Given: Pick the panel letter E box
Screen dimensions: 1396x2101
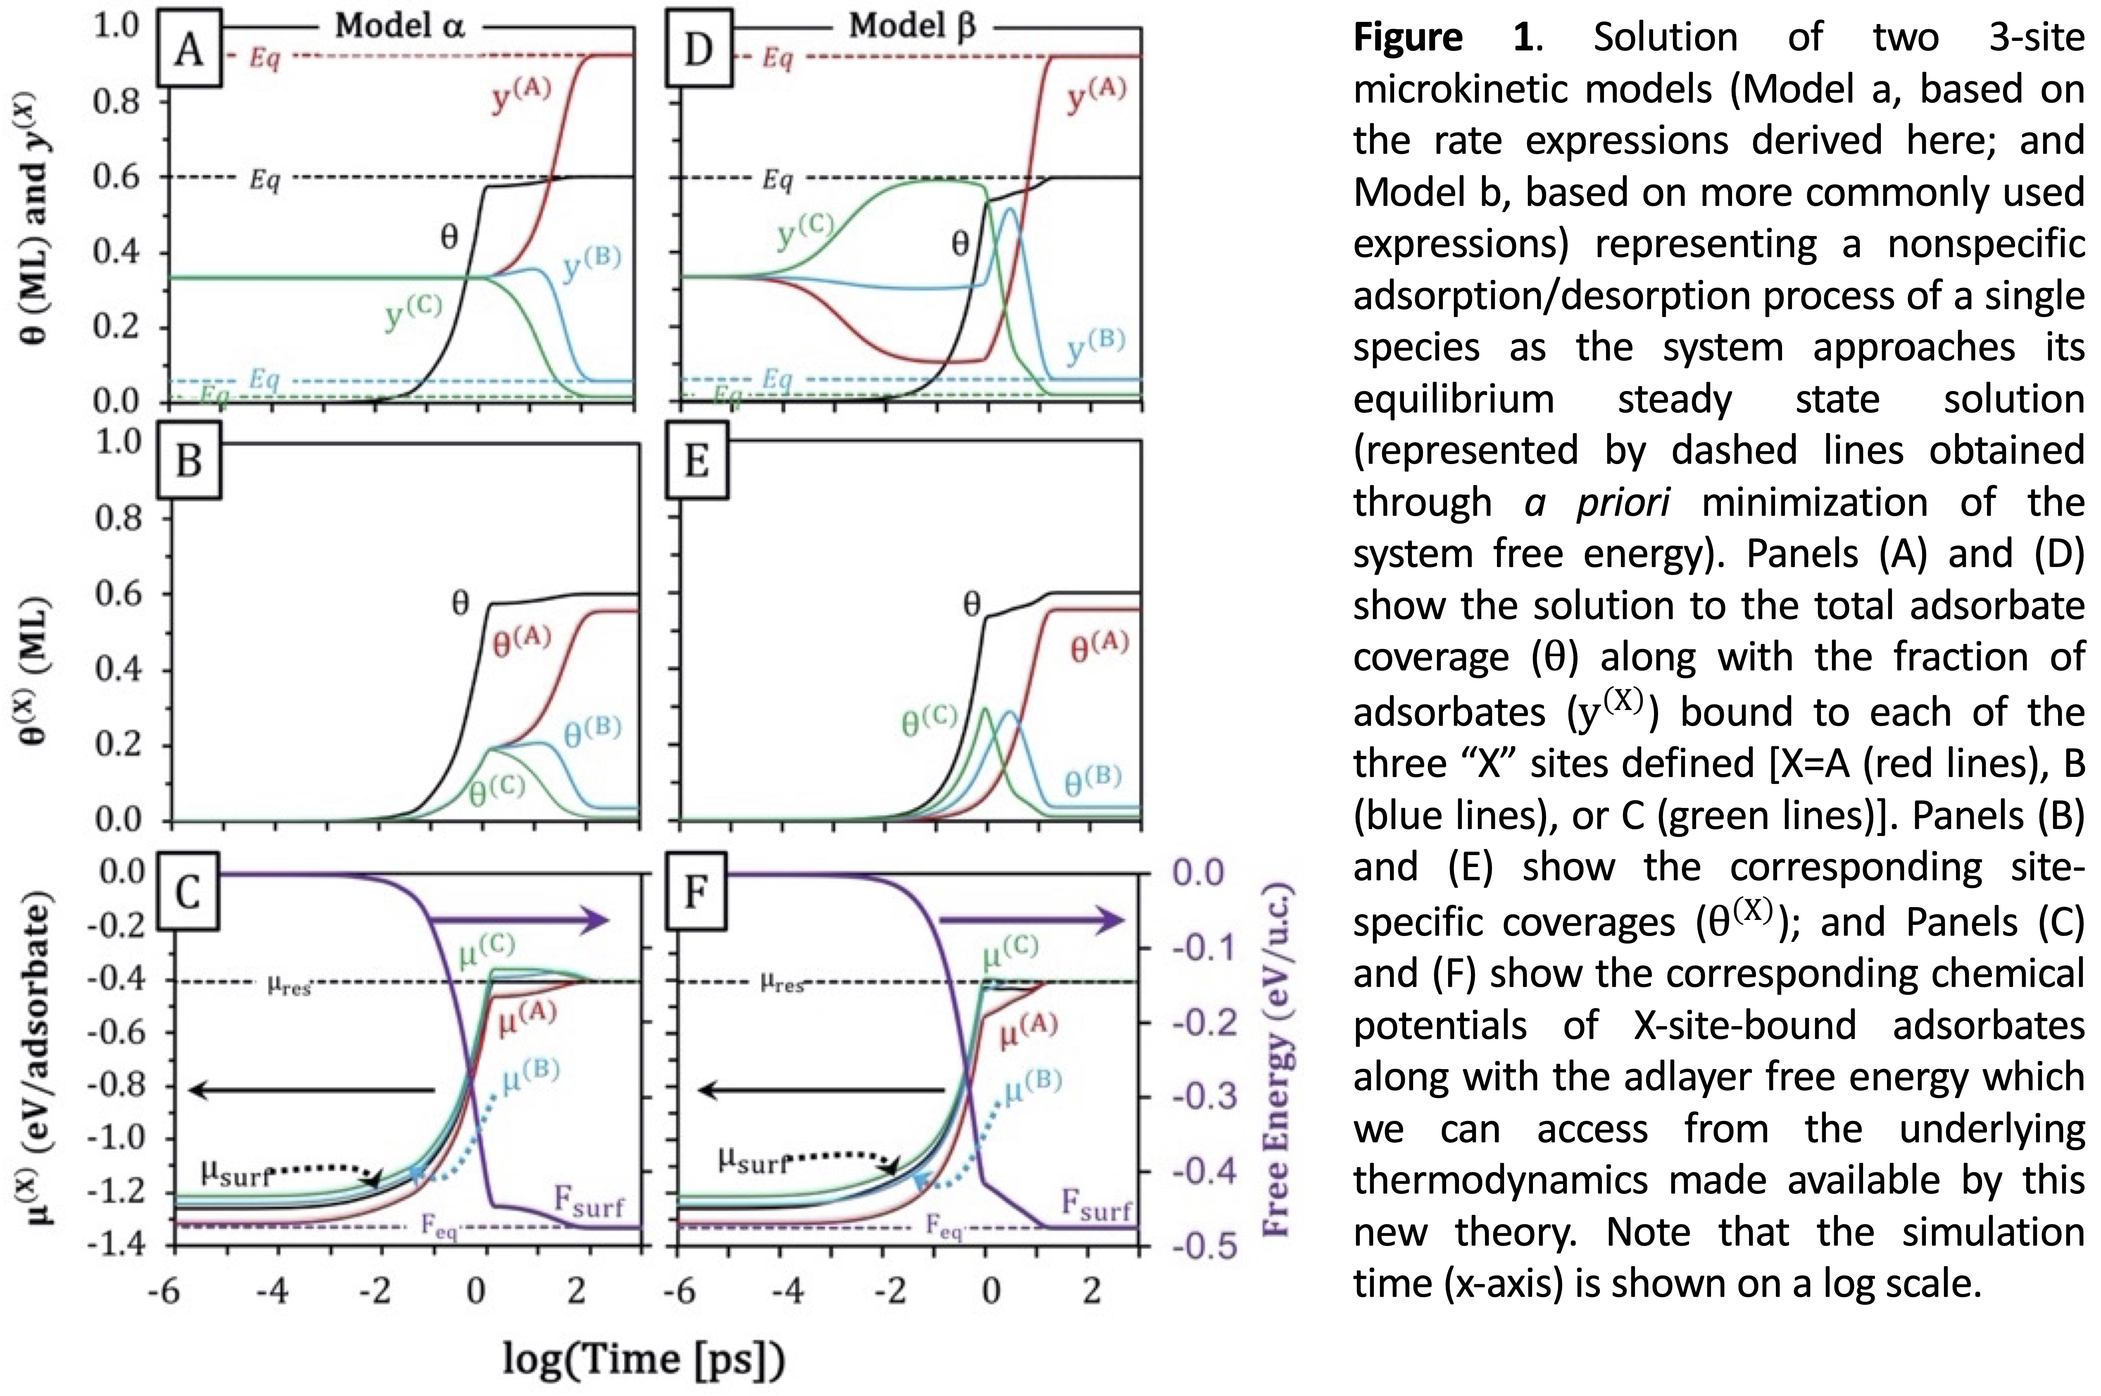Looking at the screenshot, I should [697, 462].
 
